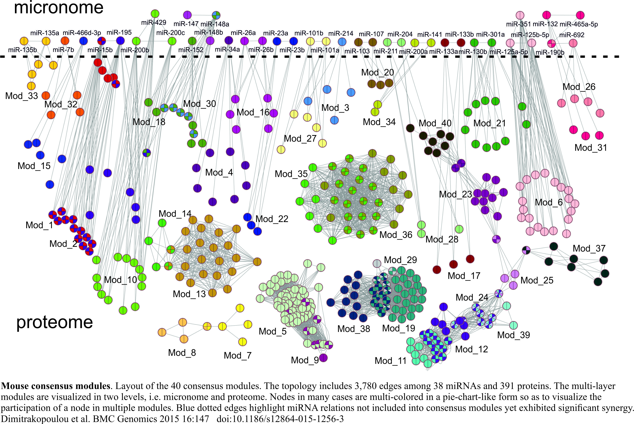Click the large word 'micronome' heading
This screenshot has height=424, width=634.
[59, 8]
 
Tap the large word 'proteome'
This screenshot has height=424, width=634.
[55, 322]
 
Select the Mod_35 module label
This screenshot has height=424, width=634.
[291, 174]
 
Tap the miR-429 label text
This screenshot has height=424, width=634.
[154, 22]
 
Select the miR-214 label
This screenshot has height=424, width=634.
[341, 34]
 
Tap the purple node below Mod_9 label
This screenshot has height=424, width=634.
[323, 358]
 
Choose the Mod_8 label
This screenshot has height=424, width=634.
[182, 353]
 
